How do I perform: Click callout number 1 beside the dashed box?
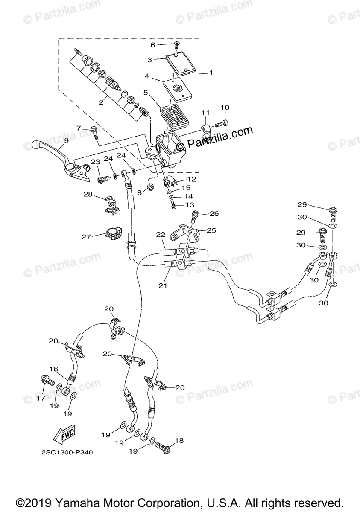pyautogui.click(x=211, y=73)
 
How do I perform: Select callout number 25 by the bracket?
pyautogui.click(x=211, y=230)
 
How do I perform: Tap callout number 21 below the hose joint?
pyautogui.click(x=162, y=285)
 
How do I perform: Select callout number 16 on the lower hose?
pyautogui.click(x=53, y=369)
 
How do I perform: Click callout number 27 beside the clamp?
pyautogui.click(x=86, y=236)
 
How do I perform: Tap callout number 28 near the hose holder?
pyautogui.click(x=88, y=194)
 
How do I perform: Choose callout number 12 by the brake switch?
pyautogui.click(x=191, y=179)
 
